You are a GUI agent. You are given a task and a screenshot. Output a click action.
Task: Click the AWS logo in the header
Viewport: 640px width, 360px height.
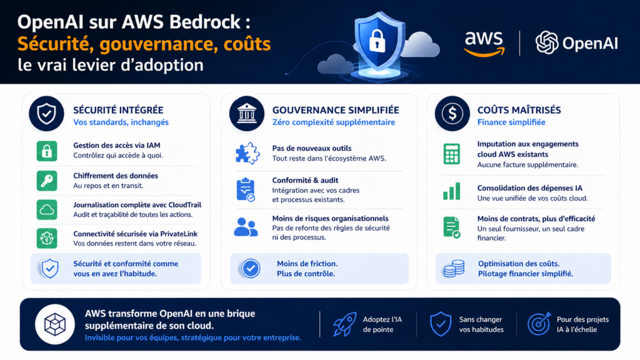coord(484,43)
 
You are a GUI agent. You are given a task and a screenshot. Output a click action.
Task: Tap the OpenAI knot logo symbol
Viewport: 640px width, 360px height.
coord(547,42)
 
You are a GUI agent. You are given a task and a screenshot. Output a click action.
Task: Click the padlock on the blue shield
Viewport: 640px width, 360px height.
coord(376,41)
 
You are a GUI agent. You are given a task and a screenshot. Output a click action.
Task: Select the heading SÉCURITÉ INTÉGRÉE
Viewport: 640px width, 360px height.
coord(118,110)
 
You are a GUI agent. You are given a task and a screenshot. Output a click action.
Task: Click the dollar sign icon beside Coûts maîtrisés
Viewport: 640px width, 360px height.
coord(452,113)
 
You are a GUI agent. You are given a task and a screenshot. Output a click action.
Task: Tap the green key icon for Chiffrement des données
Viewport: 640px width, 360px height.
coord(47,181)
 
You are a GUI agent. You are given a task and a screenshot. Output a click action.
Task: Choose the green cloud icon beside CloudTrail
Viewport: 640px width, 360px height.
coord(47,210)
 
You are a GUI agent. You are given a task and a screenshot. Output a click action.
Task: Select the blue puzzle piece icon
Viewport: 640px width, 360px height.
coord(245,153)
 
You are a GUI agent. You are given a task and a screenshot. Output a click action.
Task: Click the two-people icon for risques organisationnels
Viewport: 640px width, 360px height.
coord(245,226)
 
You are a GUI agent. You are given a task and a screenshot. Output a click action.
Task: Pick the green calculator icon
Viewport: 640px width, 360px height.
coord(452,154)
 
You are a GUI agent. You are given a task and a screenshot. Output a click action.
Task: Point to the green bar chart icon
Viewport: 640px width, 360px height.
coord(452,191)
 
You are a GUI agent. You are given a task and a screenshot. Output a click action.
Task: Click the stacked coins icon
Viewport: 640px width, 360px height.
coord(454,269)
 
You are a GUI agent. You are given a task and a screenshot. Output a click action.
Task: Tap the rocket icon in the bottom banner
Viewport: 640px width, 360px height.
coord(344,324)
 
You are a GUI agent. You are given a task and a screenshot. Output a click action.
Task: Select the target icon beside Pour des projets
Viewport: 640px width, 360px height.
coord(538,324)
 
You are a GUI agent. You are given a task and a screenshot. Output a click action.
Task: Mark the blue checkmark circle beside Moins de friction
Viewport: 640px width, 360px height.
coord(251,269)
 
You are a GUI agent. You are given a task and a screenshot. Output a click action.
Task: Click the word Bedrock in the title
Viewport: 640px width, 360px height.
coord(208,23)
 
